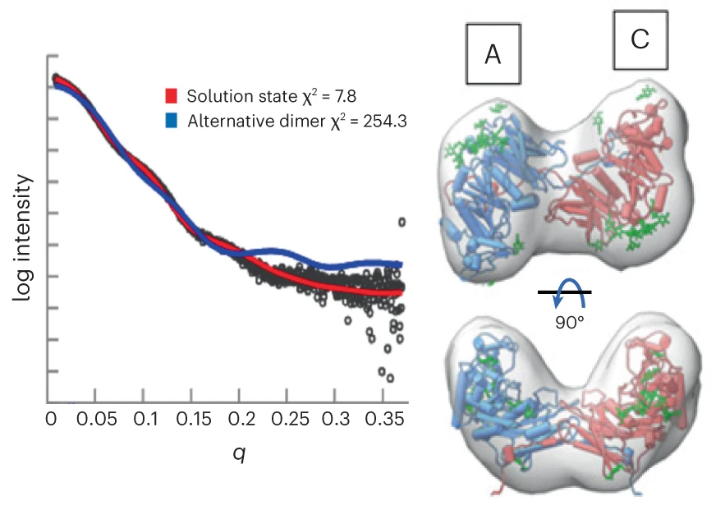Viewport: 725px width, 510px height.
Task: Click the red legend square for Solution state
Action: point(172,94)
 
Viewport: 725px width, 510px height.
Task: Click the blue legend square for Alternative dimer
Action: point(172,122)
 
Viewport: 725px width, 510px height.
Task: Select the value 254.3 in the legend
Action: point(386,122)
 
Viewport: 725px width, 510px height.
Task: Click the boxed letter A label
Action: point(493,54)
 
